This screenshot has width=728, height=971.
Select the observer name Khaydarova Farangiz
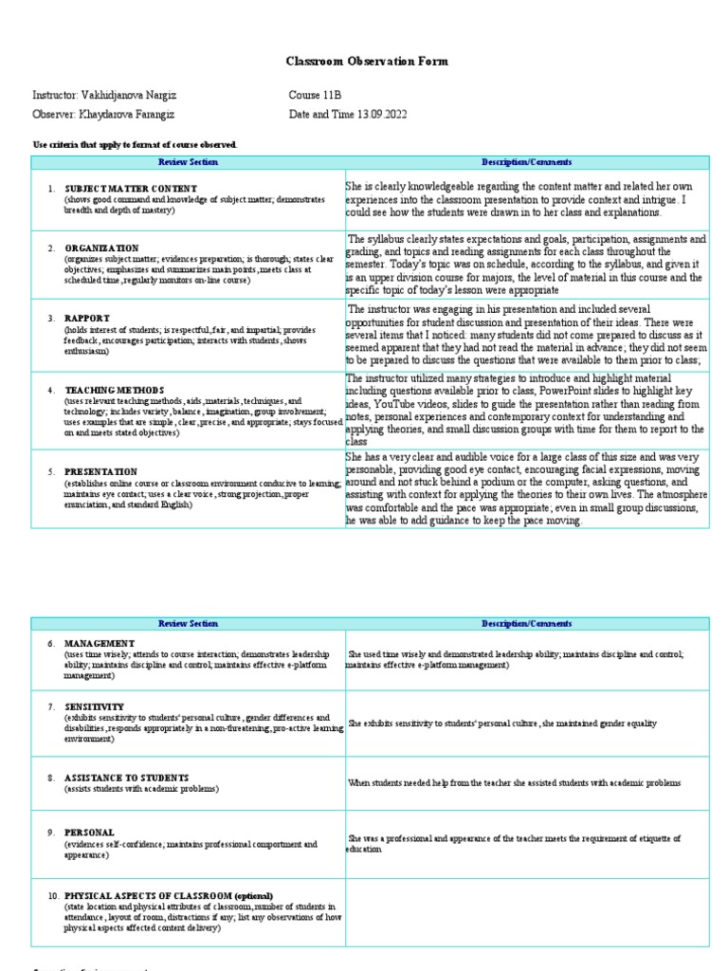pyautogui.click(x=124, y=115)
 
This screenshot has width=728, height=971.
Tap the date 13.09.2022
pyautogui.click(x=386, y=115)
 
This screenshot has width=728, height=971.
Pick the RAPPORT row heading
pyautogui.click(x=87, y=319)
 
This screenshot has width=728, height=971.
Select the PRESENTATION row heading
pyautogui.click(x=100, y=471)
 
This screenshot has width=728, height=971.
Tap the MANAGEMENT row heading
pyautogui.click(x=100, y=644)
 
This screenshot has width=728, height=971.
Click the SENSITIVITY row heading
pyautogui.click(x=94, y=707)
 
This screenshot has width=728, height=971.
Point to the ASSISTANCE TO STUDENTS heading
pyautogui.click(x=126, y=778)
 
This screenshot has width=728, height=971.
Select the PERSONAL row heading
pyautogui.click(x=89, y=833)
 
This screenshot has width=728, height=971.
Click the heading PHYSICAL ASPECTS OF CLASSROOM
pyautogui.click(x=169, y=896)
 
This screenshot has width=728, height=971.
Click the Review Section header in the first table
pyautogui.click(x=189, y=162)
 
